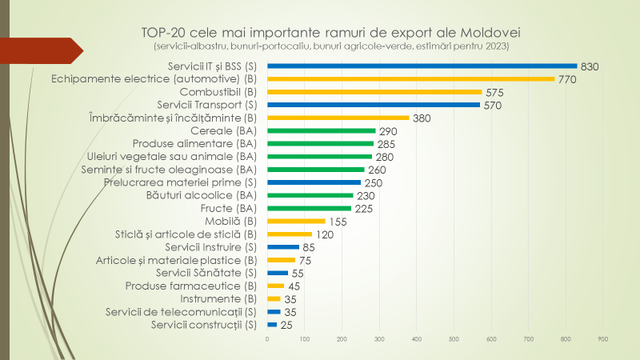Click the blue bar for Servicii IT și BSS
pos(422,66)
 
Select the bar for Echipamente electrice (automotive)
pos(410,79)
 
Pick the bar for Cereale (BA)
pos(321,130)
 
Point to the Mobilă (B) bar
pos(296,221)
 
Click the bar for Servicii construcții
pos(272,325)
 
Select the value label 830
pos(590,66)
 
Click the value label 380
pos(422,118)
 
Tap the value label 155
pos(338,221)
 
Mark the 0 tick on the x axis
pos(267,340)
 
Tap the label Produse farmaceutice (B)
pos(191,286)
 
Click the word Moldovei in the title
pos(490,33)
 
